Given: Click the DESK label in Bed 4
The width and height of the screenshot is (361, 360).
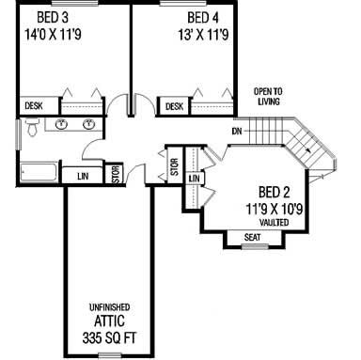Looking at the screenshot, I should click(x=174, y=107).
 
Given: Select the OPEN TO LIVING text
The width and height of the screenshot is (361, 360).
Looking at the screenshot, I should click(x=274, y=97).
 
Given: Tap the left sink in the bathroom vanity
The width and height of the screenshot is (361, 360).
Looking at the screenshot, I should click(x=62, y=124).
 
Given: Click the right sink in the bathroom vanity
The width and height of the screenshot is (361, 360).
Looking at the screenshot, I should click(x=90, y=124).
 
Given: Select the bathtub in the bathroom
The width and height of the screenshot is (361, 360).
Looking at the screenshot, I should click(x=38, y=172).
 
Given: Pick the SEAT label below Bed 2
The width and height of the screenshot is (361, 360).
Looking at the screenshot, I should click(x=252, y=237).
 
